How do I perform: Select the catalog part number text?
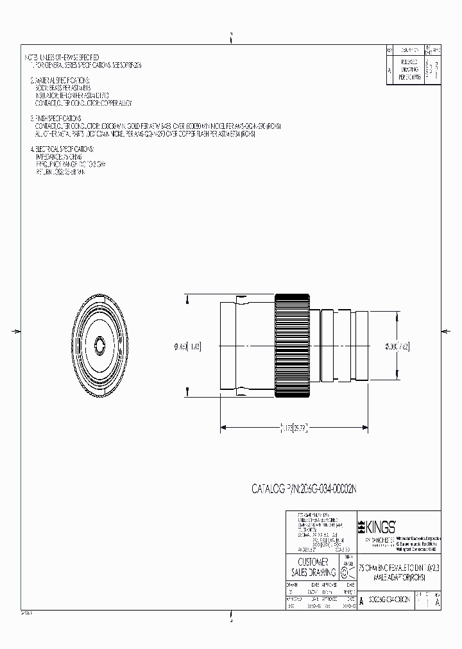pyautogui.click(x=305, y=489)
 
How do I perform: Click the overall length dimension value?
pyautogui.click(x=294, y=425)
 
